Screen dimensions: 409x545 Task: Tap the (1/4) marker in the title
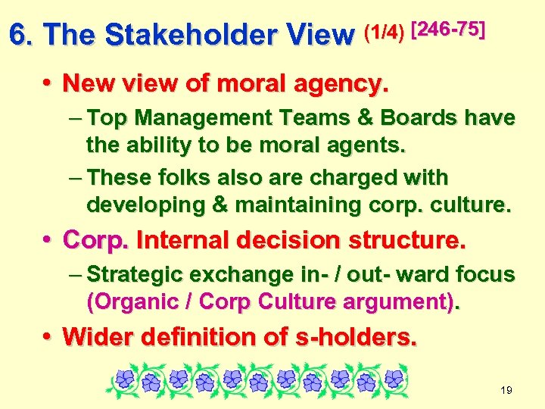tap(383, 32)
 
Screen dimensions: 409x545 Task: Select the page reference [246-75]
tap(447, 29)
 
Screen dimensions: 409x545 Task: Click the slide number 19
tap(506, 390)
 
